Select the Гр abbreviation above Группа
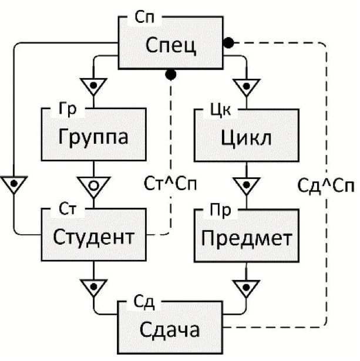coord(68,109)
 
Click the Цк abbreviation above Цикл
coord(220,109)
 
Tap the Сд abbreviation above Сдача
coord(143,303)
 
